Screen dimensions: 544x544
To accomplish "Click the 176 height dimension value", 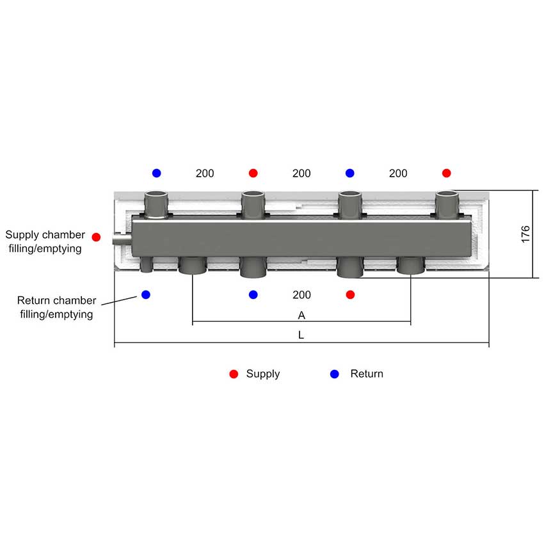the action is [525, 234].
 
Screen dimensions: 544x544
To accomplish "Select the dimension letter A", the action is [301, 316].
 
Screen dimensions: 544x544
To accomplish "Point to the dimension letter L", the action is [301, 335].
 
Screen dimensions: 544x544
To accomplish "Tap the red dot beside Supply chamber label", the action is [96, 237].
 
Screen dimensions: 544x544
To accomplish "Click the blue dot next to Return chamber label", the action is [146, 294].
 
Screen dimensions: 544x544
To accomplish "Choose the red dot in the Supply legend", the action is [234, 374].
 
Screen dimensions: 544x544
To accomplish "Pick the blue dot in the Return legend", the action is [335, 374].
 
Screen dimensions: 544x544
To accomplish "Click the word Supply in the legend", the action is [263, 374].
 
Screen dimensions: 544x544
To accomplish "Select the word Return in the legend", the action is [367, 374].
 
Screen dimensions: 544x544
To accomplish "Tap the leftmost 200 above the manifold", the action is [205, 173].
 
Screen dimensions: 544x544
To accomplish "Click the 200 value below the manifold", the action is [301, 295].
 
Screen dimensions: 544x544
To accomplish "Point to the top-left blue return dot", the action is [156, 173].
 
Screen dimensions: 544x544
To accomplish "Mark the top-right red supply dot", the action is [447, 173].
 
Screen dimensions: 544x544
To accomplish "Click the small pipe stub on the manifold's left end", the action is [122, 239].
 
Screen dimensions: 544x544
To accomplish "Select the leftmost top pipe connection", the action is [156, 205].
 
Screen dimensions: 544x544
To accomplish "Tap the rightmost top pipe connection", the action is [447, 205].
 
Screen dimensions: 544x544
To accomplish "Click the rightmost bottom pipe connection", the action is [411, 266].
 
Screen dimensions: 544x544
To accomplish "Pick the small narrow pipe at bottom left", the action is [147, 265].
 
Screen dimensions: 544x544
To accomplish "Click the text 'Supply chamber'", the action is [45, 235].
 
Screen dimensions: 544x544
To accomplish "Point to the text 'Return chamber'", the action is [56, 300].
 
